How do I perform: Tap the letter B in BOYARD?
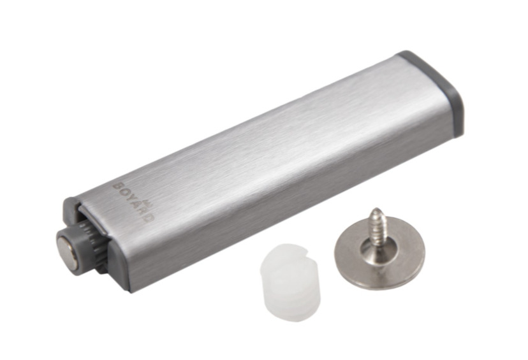(117, 186)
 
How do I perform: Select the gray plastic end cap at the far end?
(437, 91)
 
